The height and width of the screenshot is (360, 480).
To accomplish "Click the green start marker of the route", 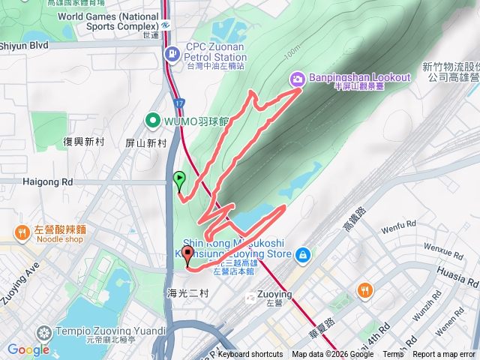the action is (x=179, y=178).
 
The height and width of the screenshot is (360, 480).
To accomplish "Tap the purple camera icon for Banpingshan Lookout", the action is (x=298, y=78).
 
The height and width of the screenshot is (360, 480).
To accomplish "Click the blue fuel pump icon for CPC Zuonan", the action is (x=172, y=52).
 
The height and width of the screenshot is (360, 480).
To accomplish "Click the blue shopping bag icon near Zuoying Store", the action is (x=303, y=255).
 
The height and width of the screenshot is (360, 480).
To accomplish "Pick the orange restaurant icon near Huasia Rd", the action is (x=364, y=289).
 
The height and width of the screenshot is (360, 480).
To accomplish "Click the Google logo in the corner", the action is (x=28, y=349).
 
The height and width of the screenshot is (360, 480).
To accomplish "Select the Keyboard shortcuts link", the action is (x=250, y=355).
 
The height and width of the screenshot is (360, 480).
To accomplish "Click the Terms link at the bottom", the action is (x=393, y=355).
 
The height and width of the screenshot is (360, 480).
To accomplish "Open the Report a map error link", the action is (x=444, y=355).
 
